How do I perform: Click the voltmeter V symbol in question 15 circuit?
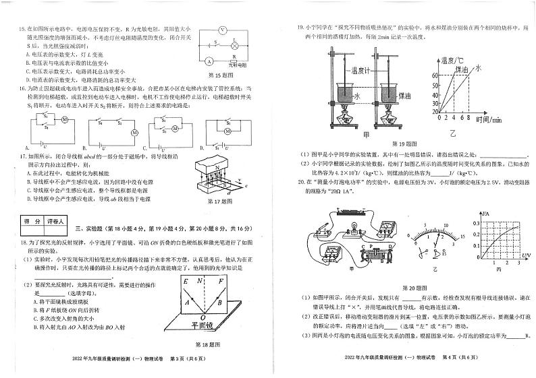click(x=225, y=30)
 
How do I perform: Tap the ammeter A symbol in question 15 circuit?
click(x=200, y=61)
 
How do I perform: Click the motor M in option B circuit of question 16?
click(x=134, y=132)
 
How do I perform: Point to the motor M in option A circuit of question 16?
click(x=65, y=120)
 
